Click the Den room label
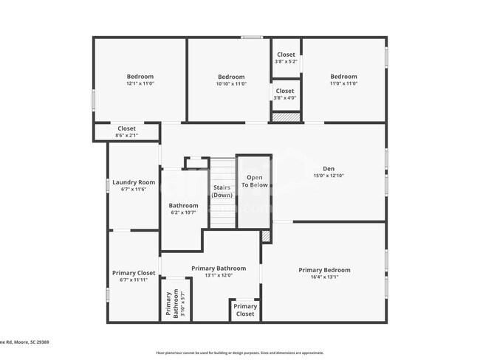[x=329, y=168]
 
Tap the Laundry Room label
[x=134, y=182]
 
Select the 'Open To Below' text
[x=255, y=181]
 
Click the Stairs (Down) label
[x=222, y=191]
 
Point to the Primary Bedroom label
[x=324, y=270]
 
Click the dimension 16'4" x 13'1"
[x=324, y=278]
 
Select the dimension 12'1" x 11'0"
[x=140, y=84]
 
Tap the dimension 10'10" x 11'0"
[x=231, y=84]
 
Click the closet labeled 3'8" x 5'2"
[x=286, y=61]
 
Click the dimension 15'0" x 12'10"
[x=329, y=176]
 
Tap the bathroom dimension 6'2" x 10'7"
[x=183, y=213]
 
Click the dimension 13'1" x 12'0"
[x=219, y=276]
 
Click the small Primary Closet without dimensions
[x=245, y=310]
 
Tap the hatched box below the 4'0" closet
[x=286, y=117]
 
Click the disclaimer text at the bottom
[x=239, y=353]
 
